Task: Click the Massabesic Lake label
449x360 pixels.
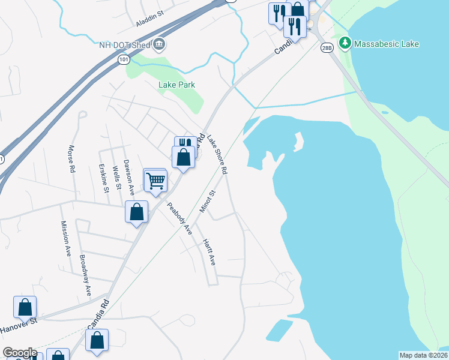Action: pos(386,44)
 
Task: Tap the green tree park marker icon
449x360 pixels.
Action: pos(345,43)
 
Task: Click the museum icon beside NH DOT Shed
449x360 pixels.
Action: pos(159,43)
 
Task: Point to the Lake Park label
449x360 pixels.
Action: pos(176,85)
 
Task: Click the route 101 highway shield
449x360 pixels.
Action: pos(123,59)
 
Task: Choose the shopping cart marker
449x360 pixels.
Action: pos(155,180)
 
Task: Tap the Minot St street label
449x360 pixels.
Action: pos(207,202)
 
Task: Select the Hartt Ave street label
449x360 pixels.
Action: pos(208,253)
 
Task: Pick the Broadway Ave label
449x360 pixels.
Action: pos(85,275)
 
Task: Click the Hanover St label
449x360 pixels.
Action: pos(19,322)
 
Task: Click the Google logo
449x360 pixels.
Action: pos(20,353)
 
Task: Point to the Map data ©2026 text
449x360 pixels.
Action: pos(423,355)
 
